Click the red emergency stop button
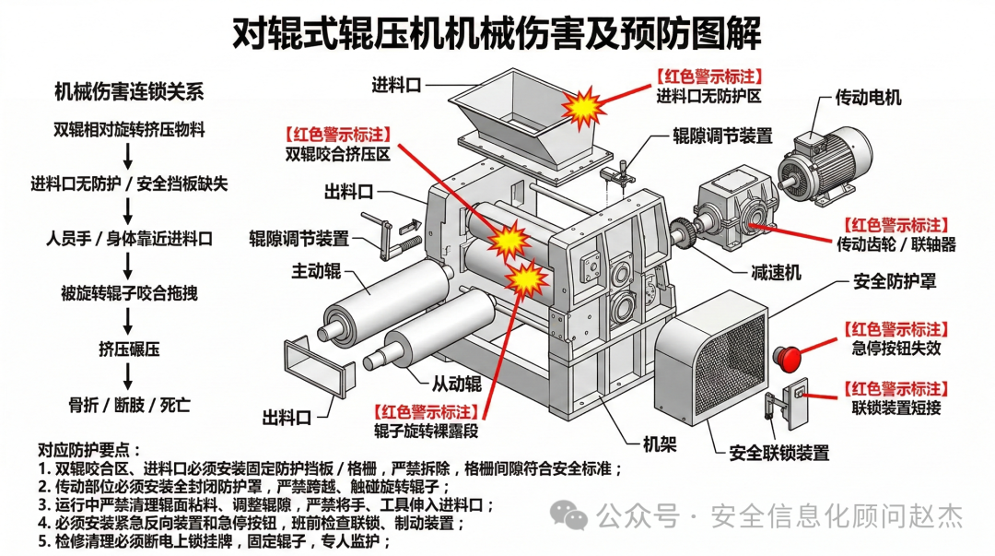(790, 354)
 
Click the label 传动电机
(868, 97)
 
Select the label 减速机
(776, 272)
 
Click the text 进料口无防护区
(708, 95)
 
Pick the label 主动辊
(316, 271)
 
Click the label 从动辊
(458, 381)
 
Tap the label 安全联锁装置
(778, 453)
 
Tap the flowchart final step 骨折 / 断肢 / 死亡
(129, 404)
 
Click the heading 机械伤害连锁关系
(129, 92)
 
